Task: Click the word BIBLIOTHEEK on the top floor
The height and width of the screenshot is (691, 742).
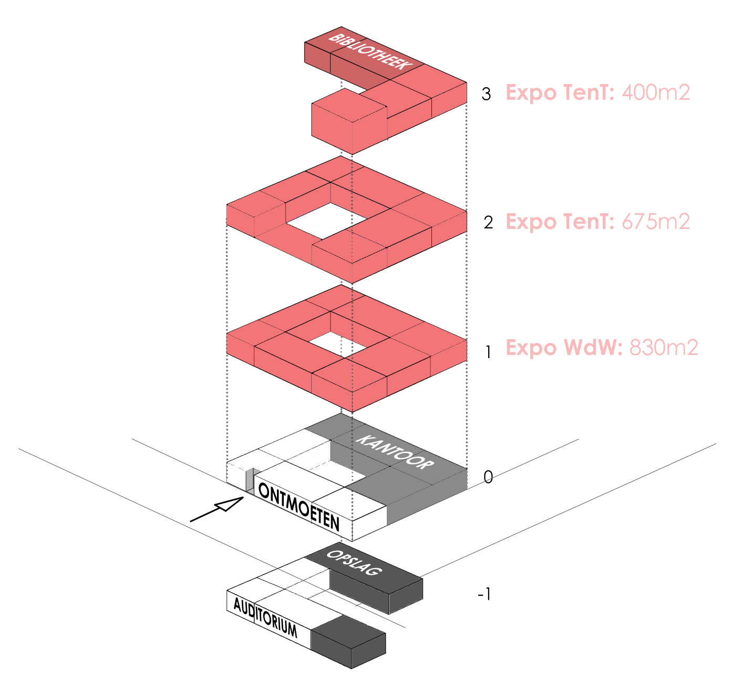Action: (x=369, y=51)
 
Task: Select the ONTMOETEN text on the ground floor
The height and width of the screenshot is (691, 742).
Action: (x=298, y=507)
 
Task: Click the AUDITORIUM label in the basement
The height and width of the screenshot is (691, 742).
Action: (x=265, y=618)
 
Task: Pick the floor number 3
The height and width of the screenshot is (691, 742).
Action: (x=486, y=94)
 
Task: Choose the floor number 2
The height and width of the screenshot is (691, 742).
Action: (x=488, y=223)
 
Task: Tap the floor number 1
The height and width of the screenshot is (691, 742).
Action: (x=488, y=352)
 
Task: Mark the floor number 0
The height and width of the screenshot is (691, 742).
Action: (x=488, y=477)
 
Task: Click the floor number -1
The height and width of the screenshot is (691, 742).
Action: (x=485, y=594)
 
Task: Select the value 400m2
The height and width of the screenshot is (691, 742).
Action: (x=655, y=92)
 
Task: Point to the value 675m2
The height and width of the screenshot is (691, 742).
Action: (x=655, y=222)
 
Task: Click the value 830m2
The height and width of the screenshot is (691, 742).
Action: (x=664, y=348)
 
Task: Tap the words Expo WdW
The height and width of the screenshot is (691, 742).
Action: (x=564, y=348)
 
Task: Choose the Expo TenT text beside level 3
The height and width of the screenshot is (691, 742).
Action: (x=560, y=92)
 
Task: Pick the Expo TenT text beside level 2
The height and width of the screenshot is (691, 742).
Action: (x=560, y=222)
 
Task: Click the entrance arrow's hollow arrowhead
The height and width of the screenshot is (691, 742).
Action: (x=230, y=504)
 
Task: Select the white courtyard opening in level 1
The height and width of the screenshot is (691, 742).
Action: (x=329, y=342)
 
